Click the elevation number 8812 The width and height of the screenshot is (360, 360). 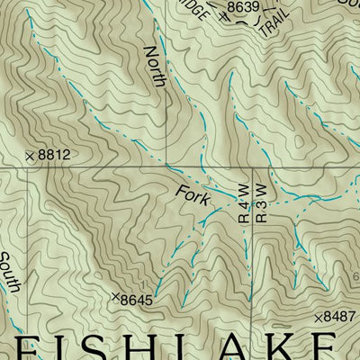(54, 156)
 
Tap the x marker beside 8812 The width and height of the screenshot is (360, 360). (30, 157)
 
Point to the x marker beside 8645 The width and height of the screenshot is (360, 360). (114, 296)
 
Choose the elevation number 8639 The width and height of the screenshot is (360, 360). (242, 7)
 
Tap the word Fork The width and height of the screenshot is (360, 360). (192, 193)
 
